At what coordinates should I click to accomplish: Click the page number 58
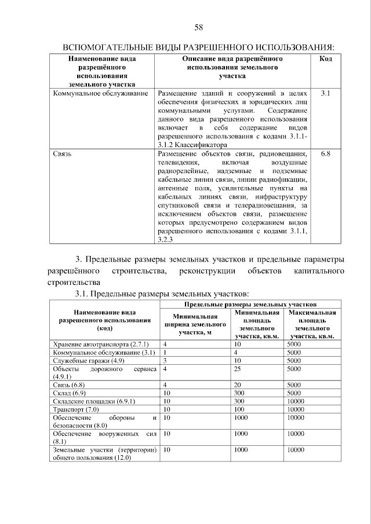[198, 27]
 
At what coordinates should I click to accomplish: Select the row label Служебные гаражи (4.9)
[86, 360]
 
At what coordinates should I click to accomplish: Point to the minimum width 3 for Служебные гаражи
[165, 360]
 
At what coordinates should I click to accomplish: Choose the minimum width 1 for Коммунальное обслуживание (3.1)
[165, 352]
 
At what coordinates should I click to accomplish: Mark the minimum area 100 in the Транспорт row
[239, 409]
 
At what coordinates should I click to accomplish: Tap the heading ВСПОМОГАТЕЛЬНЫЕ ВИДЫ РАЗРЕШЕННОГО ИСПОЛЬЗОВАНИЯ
[198, 46]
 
